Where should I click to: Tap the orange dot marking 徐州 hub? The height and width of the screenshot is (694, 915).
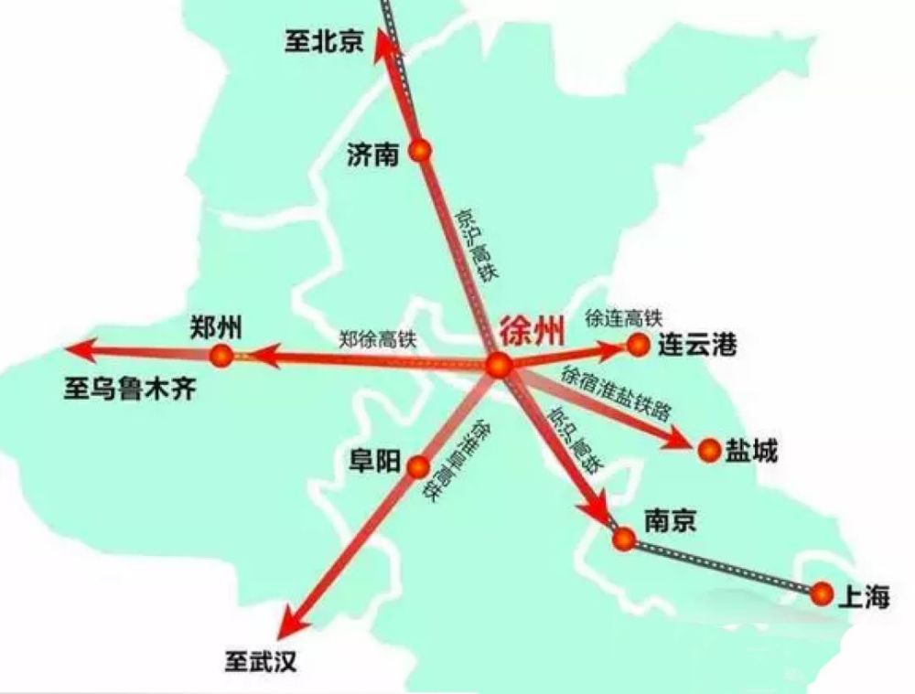[500, 366]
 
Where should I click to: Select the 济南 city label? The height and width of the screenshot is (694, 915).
[373, 155]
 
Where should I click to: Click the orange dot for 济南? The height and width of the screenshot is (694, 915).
[421, 152]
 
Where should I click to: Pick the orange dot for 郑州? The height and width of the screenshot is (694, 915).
[221, 356]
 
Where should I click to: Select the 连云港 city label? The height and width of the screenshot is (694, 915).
[697, 346]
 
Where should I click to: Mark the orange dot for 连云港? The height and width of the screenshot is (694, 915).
[638, 344]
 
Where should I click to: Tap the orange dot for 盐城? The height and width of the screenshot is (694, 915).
[709, 450]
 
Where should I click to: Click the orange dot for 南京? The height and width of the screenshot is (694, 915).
[624, 539]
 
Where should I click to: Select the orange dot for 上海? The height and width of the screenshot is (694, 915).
[822, 593]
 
